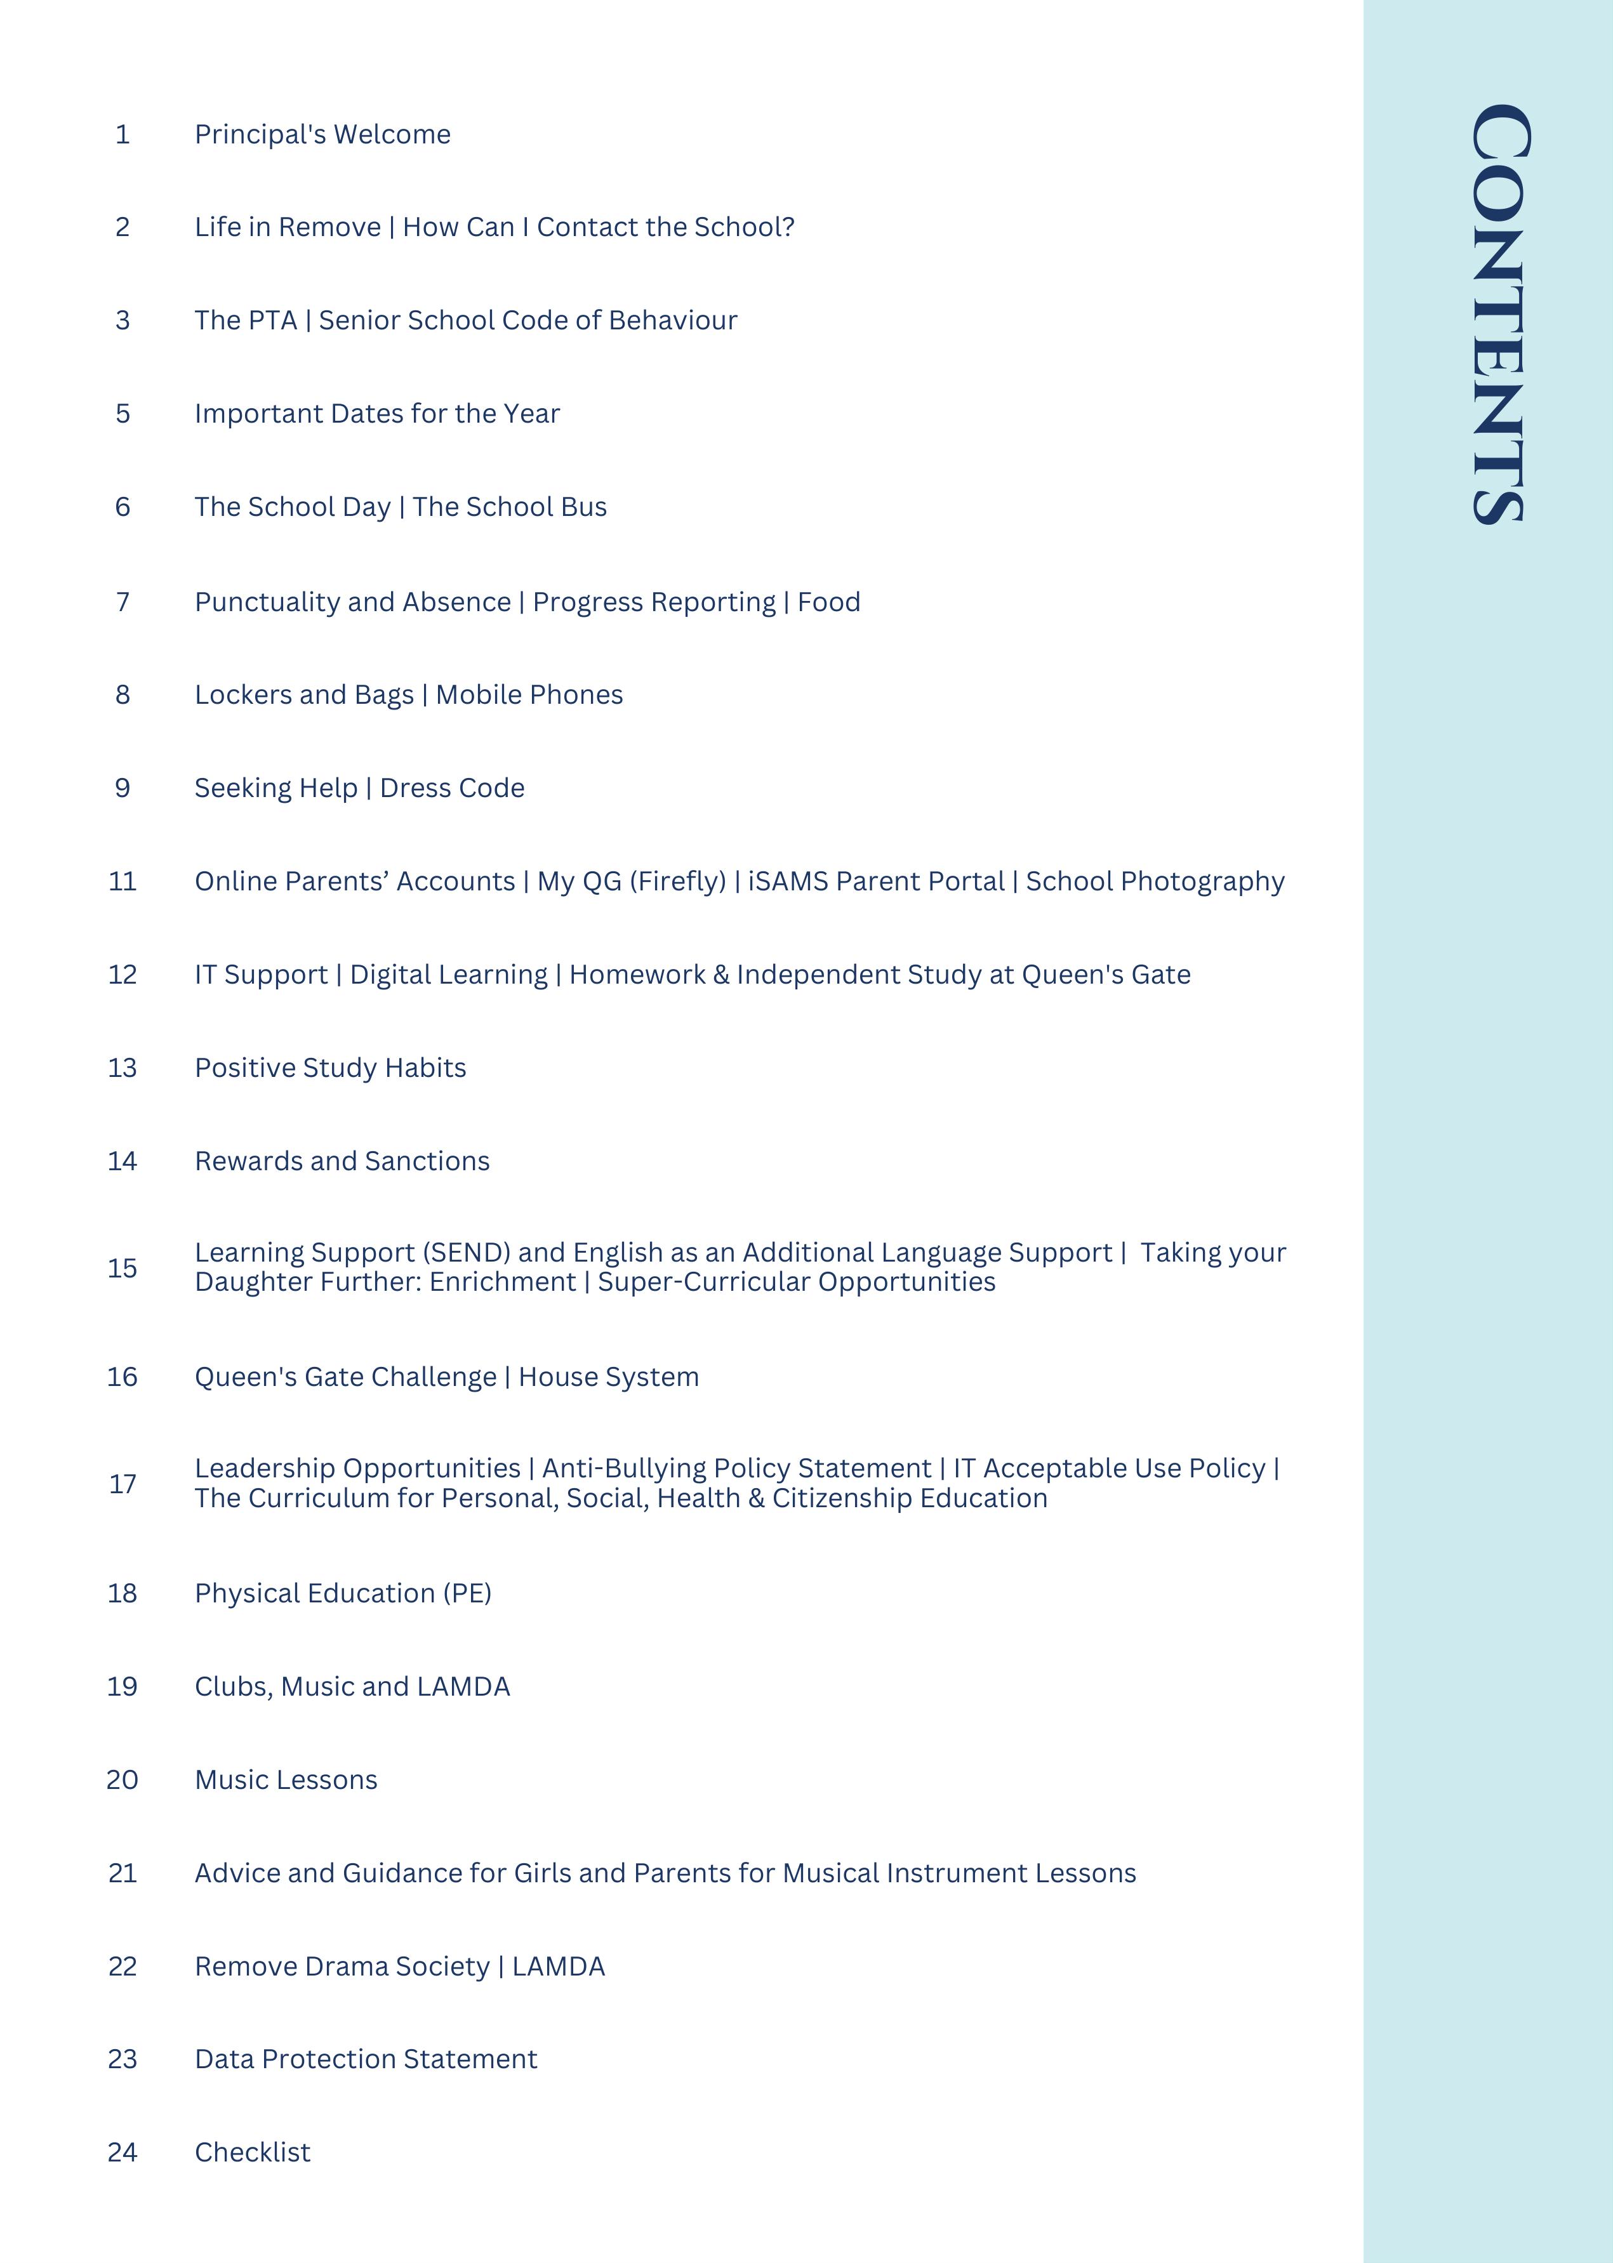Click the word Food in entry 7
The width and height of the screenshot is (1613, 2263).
[828, 602]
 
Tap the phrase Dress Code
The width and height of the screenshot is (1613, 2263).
[452, 788]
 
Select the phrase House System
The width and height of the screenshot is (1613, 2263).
[608, 1377]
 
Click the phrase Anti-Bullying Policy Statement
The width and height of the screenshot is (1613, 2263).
[736, 1468]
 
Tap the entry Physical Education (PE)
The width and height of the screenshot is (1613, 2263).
[343, 1593]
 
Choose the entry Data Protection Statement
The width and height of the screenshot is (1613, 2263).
[366, 2059]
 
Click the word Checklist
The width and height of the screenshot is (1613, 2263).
[252, 2153]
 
